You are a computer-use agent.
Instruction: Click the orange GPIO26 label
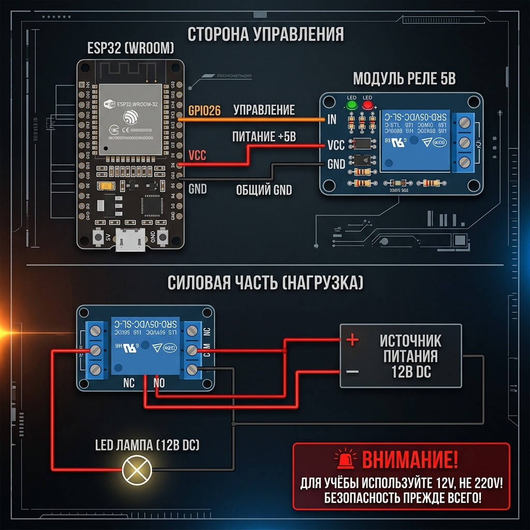[x=205, y=110]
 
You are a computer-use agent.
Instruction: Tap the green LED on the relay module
[x=352, y=106]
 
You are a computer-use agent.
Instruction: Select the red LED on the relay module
[x=368, y=106]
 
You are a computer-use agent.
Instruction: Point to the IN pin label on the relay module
[x=332, y=120]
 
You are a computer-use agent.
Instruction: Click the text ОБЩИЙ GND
[x=264, y=190]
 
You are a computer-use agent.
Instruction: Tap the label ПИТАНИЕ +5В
[x=264, y=137]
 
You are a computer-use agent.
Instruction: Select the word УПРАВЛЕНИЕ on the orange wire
[x=264, y=110]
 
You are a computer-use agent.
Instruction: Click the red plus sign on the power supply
[x=352, y=340]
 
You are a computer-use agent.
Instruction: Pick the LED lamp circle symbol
[x=137, y=470]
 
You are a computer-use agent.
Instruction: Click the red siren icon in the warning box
[x=344, y=459]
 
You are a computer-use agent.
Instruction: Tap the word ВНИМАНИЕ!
[x=410, y=460]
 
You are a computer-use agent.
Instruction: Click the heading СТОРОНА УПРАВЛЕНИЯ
[x=266, y=34]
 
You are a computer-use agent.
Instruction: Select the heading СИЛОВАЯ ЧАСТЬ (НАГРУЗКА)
[x=266, y=283]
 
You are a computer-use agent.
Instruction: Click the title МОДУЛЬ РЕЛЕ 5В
[x=404, y=79]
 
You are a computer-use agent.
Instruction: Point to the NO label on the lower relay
[x=159, y=384]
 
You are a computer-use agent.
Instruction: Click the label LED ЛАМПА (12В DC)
[x=148, y=445]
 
